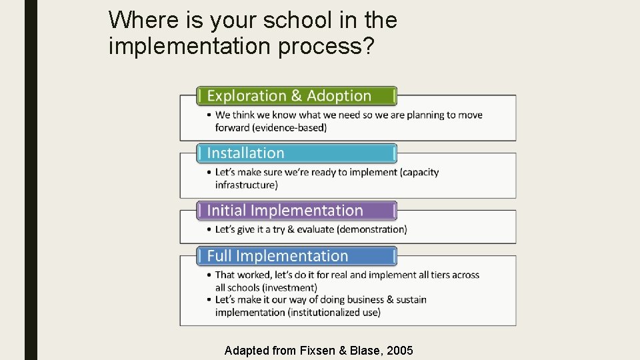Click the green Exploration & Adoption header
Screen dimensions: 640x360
(x=297, y=96)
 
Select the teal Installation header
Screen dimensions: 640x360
(x=297, y=153)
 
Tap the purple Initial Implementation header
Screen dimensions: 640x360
(x=297, y=211)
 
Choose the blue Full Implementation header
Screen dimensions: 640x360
(x=297, y=256)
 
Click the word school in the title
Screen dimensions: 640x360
(x=297, y=20)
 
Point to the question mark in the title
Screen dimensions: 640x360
(x=368, y=45)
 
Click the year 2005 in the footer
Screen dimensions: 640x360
(x=399, y=350)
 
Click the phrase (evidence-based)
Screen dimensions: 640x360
(x=289, y=128)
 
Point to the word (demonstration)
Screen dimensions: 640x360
(x=372, y=229)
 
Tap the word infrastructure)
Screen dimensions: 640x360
(x=247, y=185)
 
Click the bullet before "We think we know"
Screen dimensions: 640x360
(x=209, y=115)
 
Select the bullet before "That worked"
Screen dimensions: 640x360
(x=209, y=275)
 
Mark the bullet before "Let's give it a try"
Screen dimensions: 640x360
(x=209, y=229)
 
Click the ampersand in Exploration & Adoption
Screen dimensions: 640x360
(x=297, y=96)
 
